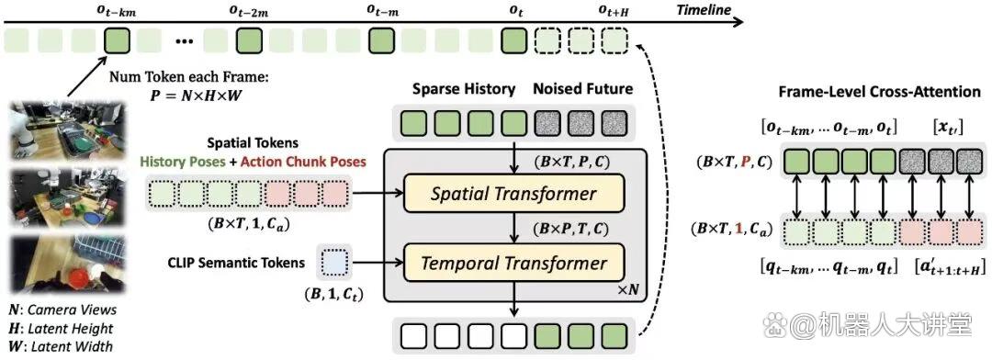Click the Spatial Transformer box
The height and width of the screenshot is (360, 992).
513,193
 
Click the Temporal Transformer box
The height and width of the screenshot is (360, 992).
513,263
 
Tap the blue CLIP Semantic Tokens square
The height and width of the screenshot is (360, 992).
334,261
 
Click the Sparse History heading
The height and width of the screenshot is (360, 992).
464,89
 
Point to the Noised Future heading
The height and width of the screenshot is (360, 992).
582,89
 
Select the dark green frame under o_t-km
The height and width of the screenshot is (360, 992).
117,41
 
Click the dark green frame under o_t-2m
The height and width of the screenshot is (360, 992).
248,41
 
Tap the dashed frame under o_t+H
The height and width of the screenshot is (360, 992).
613,41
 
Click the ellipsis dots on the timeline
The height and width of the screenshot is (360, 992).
185,43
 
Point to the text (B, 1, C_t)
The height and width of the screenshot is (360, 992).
334,294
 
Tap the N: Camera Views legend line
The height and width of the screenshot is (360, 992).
62,310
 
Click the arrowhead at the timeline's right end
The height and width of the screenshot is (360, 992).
738,21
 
